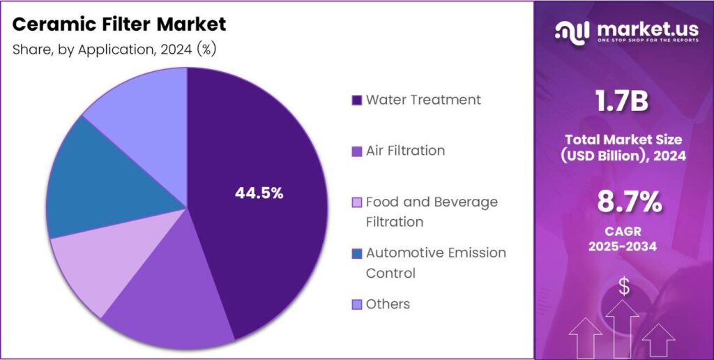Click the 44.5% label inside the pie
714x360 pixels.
(259, 193)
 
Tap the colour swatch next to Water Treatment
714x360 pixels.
(357, 100)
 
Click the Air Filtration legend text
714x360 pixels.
(405, 151)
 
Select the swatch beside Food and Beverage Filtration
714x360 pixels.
(357, 203)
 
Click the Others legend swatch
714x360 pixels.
(357, 305)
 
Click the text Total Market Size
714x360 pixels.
(623, 140)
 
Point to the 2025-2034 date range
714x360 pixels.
(623, 246)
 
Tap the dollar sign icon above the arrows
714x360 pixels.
(624, 286)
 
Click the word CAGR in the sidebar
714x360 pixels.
(623, 230)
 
